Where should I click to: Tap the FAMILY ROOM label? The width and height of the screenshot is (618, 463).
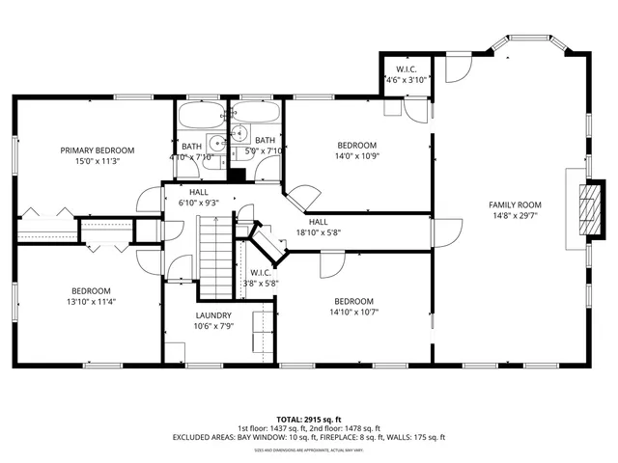point(514,204)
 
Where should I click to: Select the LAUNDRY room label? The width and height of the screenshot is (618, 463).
point(212,315)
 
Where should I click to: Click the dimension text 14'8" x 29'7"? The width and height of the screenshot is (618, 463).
point(514,216)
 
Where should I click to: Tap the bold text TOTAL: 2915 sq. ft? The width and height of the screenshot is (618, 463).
point(309,419)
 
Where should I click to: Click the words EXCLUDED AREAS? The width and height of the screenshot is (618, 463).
point(208,437)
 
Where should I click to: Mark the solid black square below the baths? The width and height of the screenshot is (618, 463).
point(235,176)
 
